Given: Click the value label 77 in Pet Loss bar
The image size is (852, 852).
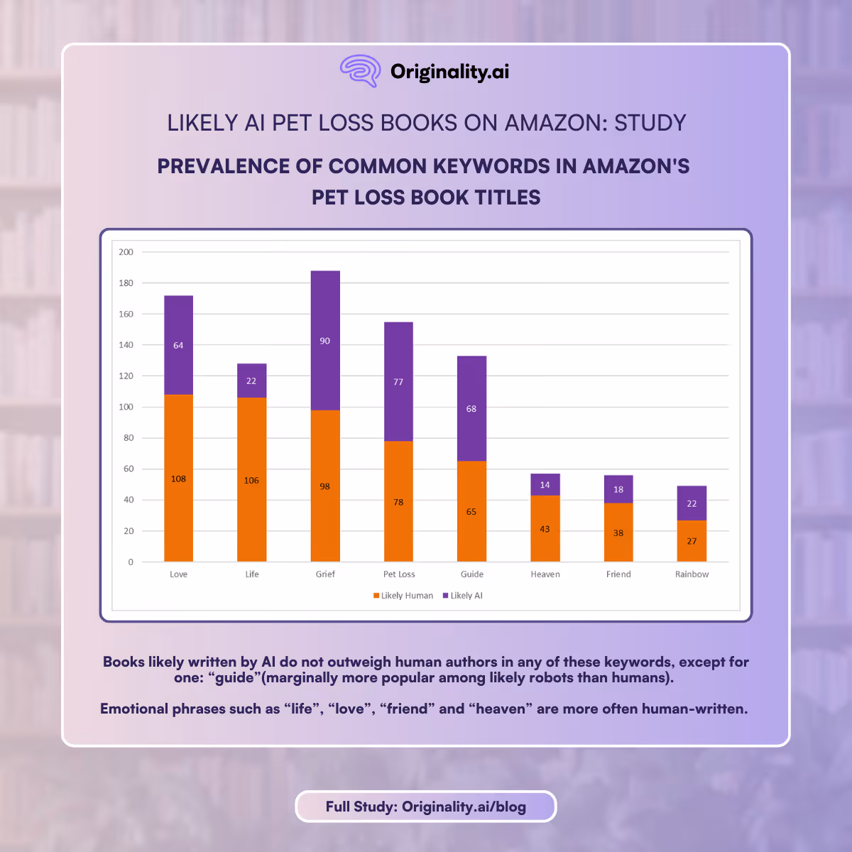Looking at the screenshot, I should pyautogui.click(x=398, y=382).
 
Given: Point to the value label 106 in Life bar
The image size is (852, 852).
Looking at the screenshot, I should pyautogui.click(x=251, y=481).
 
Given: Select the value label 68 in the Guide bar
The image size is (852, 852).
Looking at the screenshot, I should pyautogui.click(x=471, y=409).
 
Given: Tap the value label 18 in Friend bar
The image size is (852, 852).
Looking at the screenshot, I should pyautogui.click(x=618, y=490).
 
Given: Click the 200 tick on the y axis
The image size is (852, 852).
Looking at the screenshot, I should pyautogui.click(x=126, y=252).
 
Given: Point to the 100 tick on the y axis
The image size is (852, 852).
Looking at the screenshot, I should pyautogui.click(x=126, y=407).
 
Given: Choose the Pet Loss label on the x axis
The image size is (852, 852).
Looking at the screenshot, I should pyautogui.click(x=399, y=574).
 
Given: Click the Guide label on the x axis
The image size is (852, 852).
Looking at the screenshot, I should pyautogui.click(x=472, y=574).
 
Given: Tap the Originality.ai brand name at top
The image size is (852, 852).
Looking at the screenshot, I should pyautogui.click(x=449, y=72).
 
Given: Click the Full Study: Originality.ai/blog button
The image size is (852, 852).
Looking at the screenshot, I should pyautogui.click(x=426, y=807).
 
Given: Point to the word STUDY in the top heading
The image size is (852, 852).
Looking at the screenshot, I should pyautogui.click(x=650, y=123).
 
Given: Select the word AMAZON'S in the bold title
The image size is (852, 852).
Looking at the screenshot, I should pyautogui.click(x=636, y=166).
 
